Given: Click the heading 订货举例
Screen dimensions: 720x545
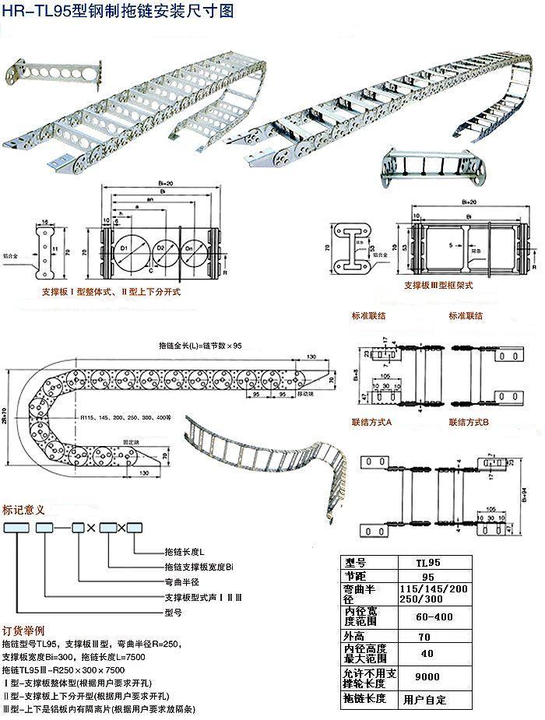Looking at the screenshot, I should [24, 630].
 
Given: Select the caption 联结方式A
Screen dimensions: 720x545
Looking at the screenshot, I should [371, 422].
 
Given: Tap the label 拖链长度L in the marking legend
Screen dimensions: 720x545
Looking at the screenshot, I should [184, 551].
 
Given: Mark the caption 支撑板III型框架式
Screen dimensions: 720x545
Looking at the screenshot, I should [441, 285].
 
